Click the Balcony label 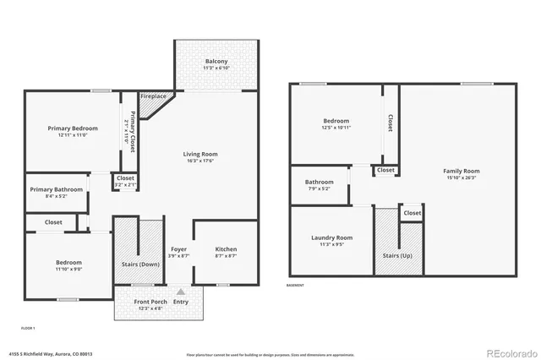(x=216, y=62)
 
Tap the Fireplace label (x=153, y=96)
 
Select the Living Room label (x=200, y=154)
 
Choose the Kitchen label (x=226, y=249)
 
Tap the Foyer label (x=178, y=249)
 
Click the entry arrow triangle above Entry (x=180, y=292)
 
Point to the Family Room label (x=461, y=172)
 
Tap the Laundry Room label (x=331, y=237)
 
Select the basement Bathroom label (x=320, y=182)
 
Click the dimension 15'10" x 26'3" (x=461, y=178)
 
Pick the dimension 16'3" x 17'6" (x=200, y=161)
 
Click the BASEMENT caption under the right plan (x=296, y=285)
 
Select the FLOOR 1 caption (x=28, y=327)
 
